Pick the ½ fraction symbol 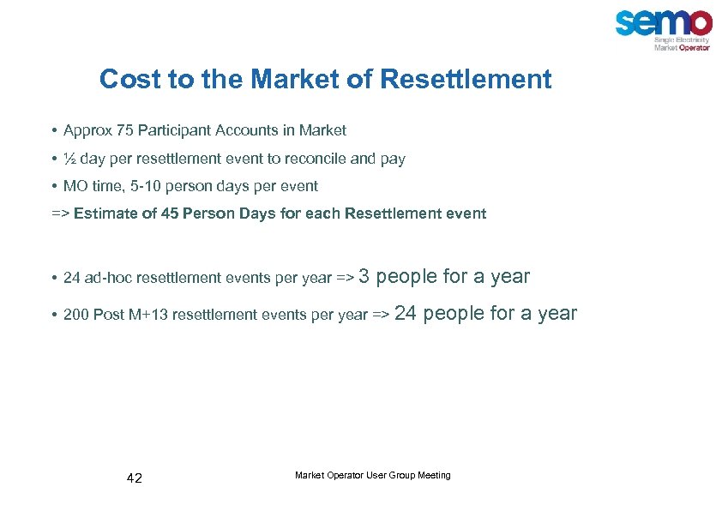[69, 159]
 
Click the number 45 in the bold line [169, 213]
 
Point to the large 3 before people [364, 276]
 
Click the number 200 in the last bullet [75, 315]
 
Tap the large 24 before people [406, 313]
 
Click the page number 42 [135, 478]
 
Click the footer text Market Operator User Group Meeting [372, 475]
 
